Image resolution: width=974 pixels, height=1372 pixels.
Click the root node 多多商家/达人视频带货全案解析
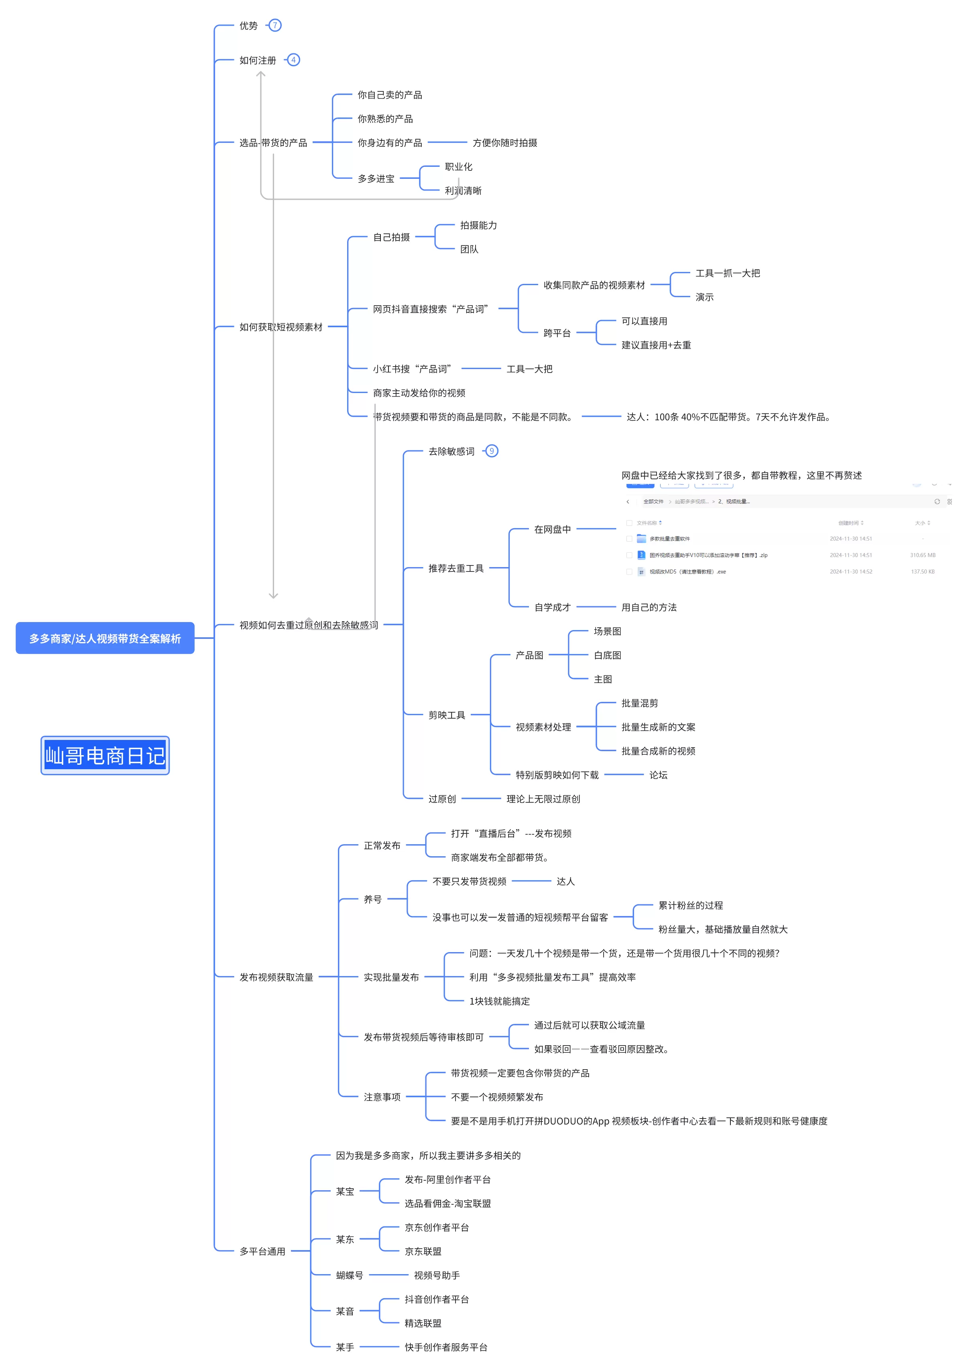pos(105,638)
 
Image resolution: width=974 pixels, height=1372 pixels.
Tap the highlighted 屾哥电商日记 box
pos(105,755)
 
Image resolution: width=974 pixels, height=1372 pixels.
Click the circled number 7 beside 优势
pos(275,25)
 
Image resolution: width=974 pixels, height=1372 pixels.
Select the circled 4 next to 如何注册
pos(293,60)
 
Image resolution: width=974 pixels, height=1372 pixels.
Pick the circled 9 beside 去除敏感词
pos(491,451)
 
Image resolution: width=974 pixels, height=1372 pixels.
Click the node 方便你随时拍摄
pos(504,143)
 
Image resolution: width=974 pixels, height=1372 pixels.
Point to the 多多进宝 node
pos(376,178)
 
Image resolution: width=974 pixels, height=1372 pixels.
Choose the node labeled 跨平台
pos(557,332)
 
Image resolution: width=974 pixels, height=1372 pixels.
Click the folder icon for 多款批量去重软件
pos(641,538)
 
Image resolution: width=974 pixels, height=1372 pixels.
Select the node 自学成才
pos(552,607)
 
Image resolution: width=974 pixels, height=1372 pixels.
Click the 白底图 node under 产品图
pos(607,655)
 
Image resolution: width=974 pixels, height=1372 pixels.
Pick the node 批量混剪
pos(639,703)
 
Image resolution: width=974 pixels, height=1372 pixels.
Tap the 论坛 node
pos(658,775)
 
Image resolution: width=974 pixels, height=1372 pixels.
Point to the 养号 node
pos(372,899)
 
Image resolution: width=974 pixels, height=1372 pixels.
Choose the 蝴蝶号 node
pos(349,1275)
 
